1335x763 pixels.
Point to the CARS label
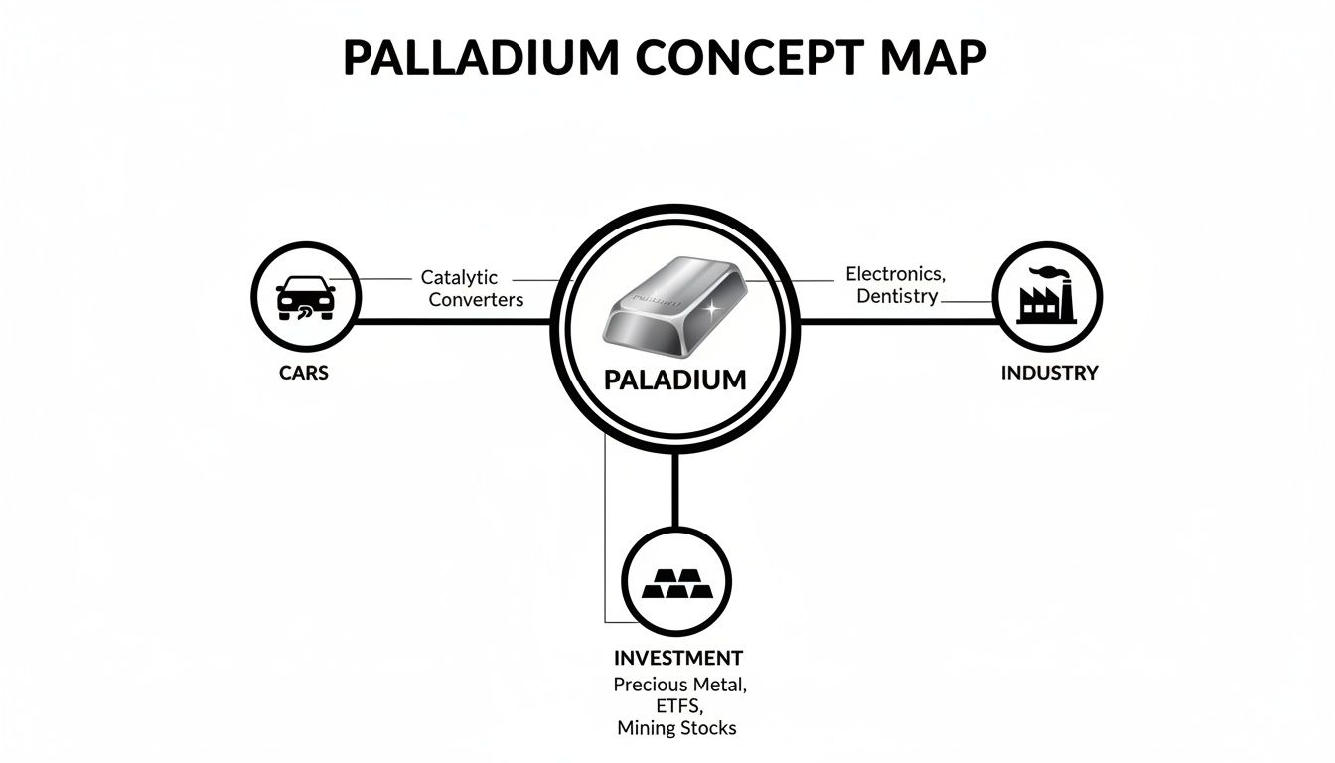[304, 374]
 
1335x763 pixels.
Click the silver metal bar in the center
[675, 308]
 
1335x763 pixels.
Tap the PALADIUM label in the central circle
[675, 379]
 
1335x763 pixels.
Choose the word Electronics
[895, 273]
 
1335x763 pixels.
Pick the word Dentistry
[898, 296]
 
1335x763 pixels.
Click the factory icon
[1047, 301]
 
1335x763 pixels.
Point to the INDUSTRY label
[1049, 373]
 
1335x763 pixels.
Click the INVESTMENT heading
[677, 658]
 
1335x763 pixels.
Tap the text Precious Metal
[679, 685]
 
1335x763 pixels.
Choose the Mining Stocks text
[676, 728]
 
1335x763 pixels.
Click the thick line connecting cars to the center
[452, 322]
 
